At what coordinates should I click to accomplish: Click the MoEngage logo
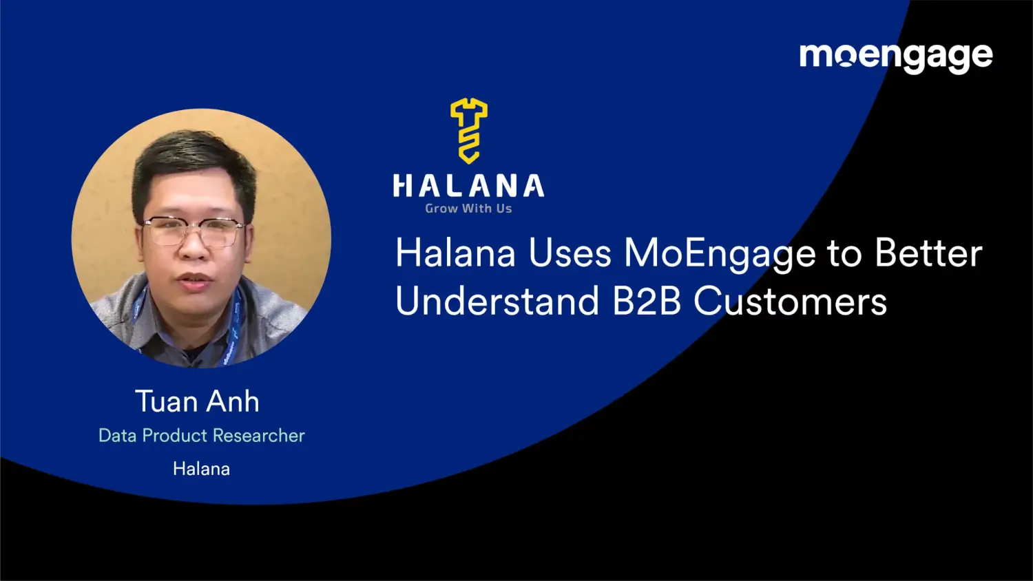coord(895,56)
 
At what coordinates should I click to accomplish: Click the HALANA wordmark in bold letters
coord(468,187)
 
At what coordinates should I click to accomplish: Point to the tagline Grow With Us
coord(468,209)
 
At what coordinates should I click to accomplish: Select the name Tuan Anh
coord(197,401)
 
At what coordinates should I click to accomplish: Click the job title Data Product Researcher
coord(201,436)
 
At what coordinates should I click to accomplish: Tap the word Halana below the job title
coord(201,469)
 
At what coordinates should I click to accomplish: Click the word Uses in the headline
coord(570,253)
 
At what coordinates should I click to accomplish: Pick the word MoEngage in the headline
coord(720,255)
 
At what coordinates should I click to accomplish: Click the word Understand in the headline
coord(497,302)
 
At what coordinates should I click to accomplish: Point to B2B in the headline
coord(647,302)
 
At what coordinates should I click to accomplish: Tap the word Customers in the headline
coord(790,302)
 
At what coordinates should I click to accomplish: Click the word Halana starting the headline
coord(455,253)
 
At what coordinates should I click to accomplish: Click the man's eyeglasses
coord(194,231)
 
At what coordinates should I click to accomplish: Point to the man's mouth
coord(194,280)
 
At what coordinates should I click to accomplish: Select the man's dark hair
coord(194,155)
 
